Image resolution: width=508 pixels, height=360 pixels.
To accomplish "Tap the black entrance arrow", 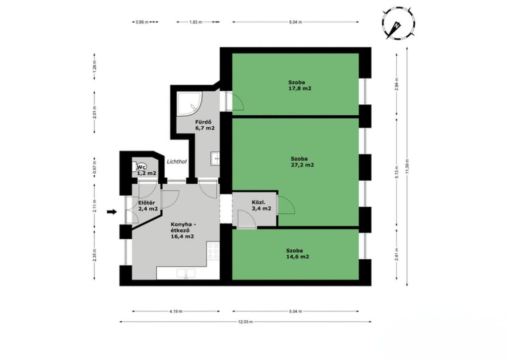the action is coord(112,212).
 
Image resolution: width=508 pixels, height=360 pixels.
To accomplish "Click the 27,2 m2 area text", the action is coord(302,165).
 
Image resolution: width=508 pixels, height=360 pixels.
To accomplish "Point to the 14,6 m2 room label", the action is coord(298,257).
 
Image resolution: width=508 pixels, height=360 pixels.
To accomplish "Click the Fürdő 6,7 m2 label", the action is coord(205,125).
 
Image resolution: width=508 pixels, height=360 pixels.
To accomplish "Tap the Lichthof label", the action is coord(177,161).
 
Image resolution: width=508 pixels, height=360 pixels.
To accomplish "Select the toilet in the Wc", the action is coord(135,166).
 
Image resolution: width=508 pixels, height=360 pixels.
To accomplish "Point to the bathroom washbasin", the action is coord(215,158).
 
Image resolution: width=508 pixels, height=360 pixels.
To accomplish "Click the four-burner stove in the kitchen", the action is coord(213,251).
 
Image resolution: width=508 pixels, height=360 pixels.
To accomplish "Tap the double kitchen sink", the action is coord(186,274).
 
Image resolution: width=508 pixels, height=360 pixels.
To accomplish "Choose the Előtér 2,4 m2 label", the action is coord(148,206).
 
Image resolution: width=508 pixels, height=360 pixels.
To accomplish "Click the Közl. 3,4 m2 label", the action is coord(261,206).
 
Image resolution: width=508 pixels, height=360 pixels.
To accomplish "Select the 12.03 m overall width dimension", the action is coord(246,322).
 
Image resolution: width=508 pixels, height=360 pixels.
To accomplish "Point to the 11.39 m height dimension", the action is coord(407,166).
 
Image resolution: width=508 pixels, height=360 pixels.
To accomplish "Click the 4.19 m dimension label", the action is coord(176,311).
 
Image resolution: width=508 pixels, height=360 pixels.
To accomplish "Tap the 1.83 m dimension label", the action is coord(195,22).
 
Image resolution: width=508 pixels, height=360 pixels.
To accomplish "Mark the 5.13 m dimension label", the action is coord(397,171).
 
